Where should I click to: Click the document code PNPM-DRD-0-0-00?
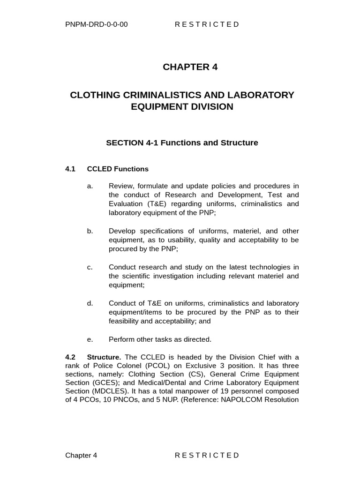pos(97,24)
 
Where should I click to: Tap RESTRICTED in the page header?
pos(207,24)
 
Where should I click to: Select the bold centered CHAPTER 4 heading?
pos(190,67)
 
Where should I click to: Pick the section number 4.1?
pos(70,169)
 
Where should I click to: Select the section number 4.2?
pos(70,357)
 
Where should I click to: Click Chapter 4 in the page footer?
pos(81,455)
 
